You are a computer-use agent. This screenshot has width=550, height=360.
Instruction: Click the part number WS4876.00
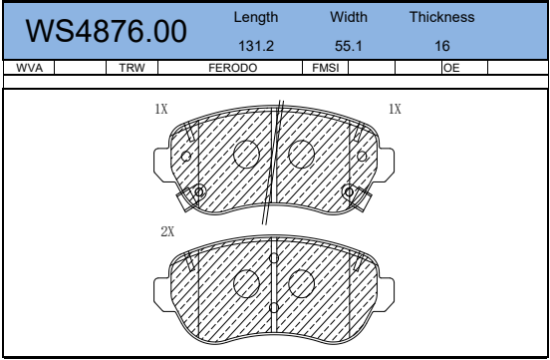tap(106, 31)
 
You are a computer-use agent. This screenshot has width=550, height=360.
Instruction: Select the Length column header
tap(256, 17)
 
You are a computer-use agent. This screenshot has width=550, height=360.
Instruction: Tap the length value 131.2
tap(256, 46)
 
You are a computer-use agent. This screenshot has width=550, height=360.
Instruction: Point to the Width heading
tap(349, 17)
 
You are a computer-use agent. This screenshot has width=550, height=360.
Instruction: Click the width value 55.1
tap(349, 46)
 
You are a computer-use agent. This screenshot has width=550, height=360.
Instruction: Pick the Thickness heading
tap(442, 17)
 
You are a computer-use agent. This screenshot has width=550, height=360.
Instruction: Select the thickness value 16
tap(442, 46)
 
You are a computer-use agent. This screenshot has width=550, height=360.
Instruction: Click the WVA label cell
tap(30, 68)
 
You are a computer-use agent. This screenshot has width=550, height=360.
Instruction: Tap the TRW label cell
tap(132, 68)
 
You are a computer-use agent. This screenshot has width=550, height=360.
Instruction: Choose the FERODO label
tap(233, 68)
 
